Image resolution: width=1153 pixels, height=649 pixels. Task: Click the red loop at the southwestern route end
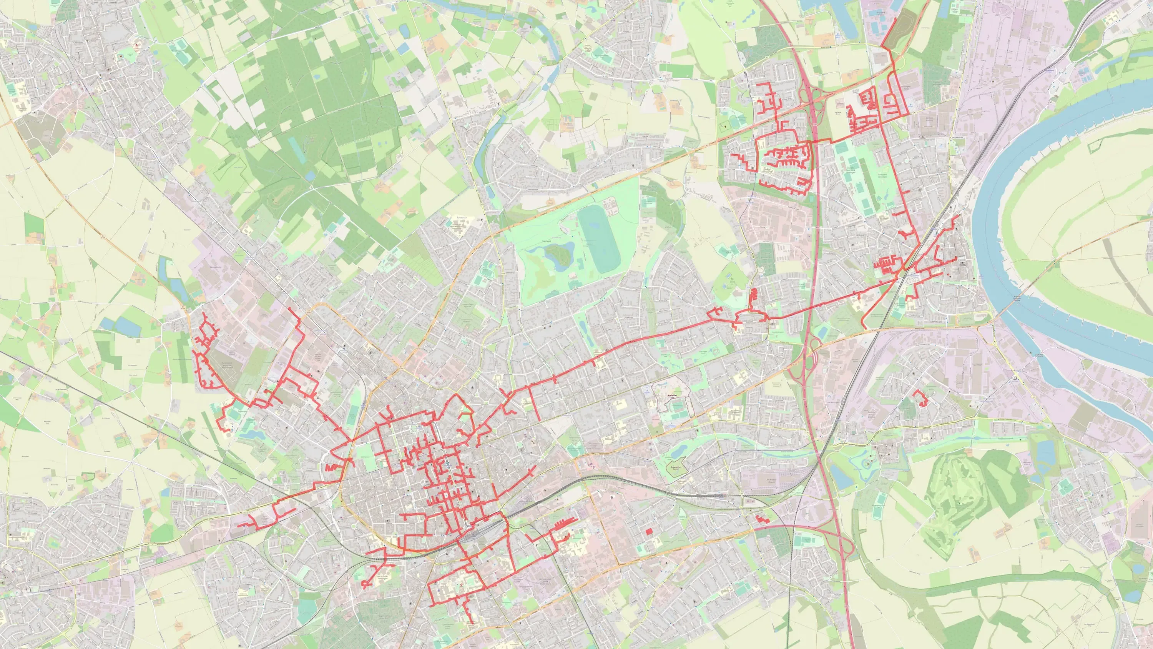click(365, 584)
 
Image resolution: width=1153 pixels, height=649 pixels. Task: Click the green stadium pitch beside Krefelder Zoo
click(677, 405)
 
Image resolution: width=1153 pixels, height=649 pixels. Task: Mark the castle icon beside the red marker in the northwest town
click(121, 56)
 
